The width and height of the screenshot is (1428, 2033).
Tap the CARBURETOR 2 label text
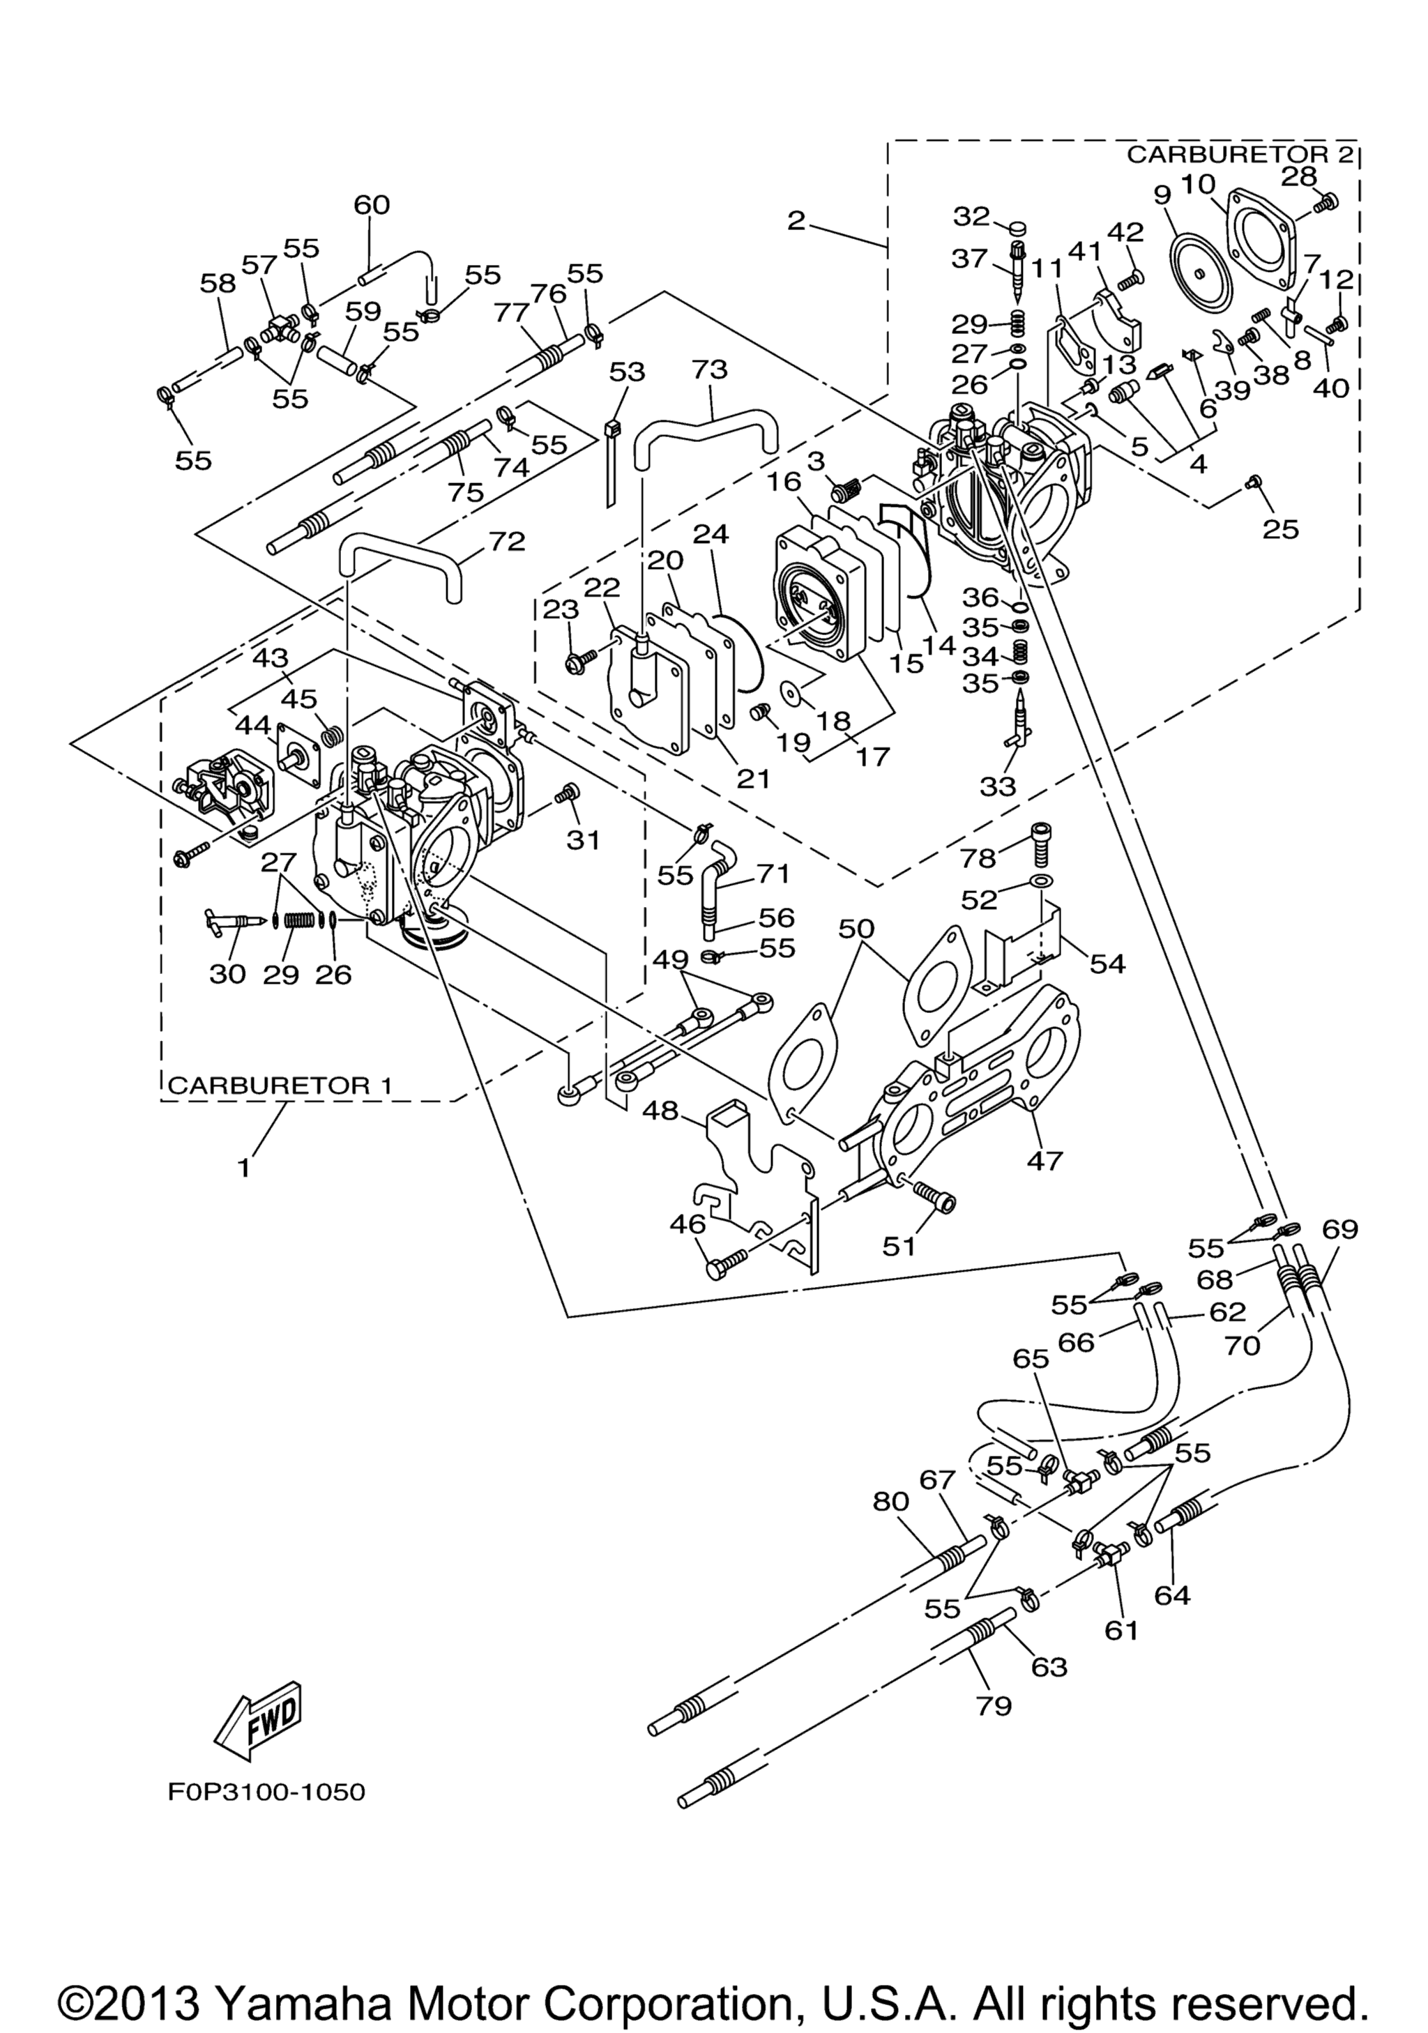click(1240, 154)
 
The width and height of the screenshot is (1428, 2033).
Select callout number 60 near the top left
click(371, 204)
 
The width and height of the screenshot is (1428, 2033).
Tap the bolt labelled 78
click(1041, 836)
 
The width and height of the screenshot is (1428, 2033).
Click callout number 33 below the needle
click(998, 786)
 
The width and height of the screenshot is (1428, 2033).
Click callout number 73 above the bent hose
click(709, 370)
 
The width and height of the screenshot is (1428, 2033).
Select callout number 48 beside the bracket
click(660, 1111)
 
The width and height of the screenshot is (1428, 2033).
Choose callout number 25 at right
click(1280, 528)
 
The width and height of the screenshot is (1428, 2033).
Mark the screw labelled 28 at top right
click(1329, 202)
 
